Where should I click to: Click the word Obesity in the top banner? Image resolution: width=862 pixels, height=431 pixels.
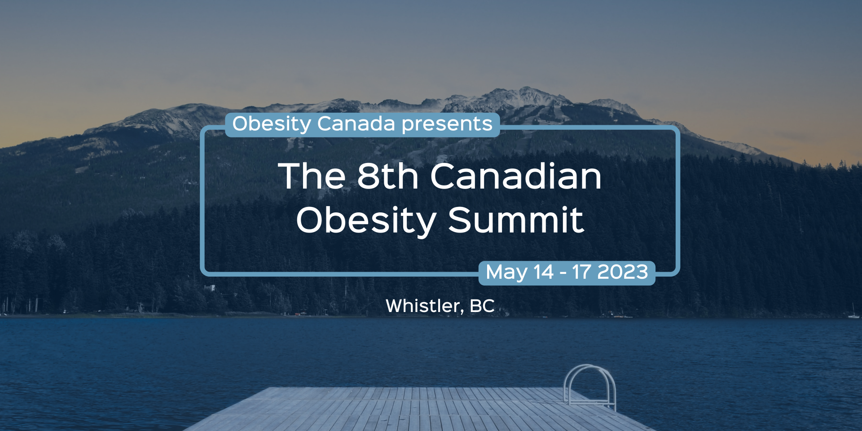[272, 124]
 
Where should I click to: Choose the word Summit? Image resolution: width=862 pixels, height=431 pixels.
[516, 220]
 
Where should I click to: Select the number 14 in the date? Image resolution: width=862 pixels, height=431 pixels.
[543, 272]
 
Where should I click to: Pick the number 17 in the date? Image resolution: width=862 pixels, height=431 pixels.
[581, 272]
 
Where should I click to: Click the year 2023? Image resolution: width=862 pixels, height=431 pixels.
[623, 272]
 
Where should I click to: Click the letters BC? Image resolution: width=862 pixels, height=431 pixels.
[482, 306]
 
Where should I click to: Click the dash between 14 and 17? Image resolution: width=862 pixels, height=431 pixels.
[563, 273]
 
